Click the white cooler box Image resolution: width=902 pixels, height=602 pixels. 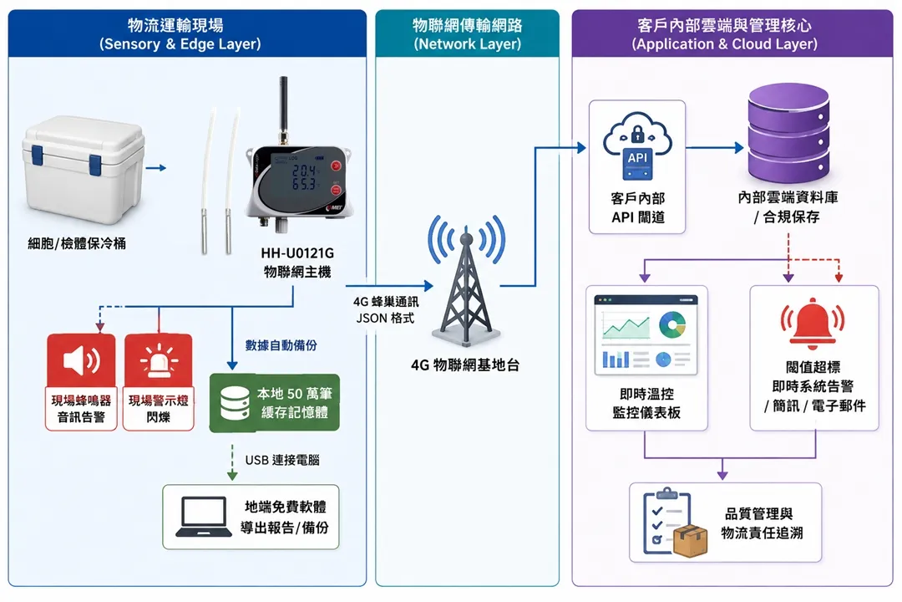click(84, 170)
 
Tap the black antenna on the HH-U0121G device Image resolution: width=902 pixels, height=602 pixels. click(283, 110)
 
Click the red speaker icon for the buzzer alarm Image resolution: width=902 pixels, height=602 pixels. click(81, 360)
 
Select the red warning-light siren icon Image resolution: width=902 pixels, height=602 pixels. click(158, 360)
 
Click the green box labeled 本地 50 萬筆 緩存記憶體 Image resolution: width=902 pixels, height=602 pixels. click(275, 403)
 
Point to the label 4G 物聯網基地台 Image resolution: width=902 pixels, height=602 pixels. click(465, 365)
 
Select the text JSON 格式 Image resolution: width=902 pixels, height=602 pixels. click(385, 318)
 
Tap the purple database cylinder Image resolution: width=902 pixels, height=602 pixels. click(788, 133)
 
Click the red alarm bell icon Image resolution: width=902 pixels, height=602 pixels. click(813, 323)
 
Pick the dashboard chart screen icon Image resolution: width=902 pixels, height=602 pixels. click(646, 335)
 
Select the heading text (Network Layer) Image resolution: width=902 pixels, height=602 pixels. click(467, 43)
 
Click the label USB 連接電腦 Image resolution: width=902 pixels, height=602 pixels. click(282, 460)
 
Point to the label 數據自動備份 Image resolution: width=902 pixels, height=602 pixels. click(281, 345)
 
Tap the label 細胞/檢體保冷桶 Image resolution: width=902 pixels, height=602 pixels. click(77, 243)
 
